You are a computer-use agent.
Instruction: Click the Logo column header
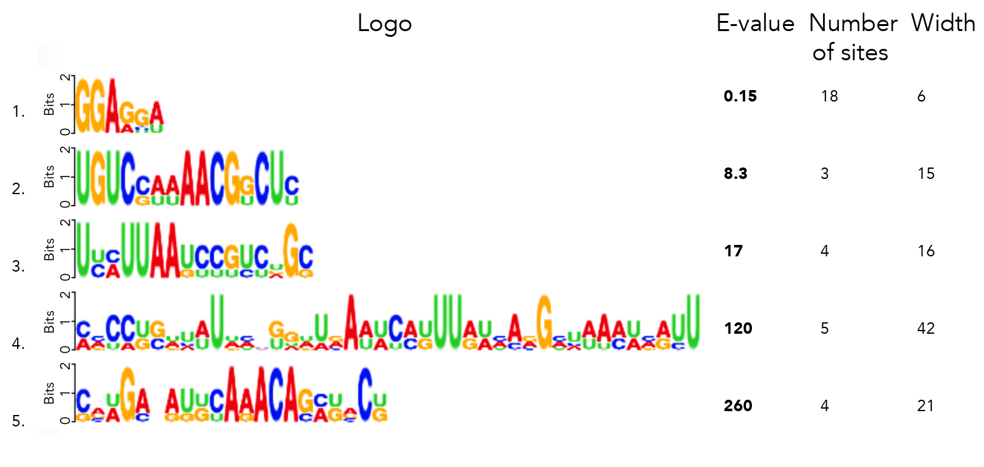pyautogui.click(x=384, y=24)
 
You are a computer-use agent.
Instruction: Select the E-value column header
pyautogui.click(x=755, y=24)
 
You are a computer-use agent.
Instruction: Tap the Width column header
pyautogui.click(x=943, y=24)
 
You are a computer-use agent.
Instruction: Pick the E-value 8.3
pyautogui.click(x=735, y=174)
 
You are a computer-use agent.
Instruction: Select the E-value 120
pyautogui.click(x=738, y=329)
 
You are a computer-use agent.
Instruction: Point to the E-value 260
pyautogui.click(x=738, y=406)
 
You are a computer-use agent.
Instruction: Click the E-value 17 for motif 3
pyautogui.click(x=733, y=251)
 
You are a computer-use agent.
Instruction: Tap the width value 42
pyautogui.click(x=926, y=329)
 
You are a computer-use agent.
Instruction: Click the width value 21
pyautogui.click(x=926, y=406)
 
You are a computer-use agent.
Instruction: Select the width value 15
pyautogui.click(x=926, y=174)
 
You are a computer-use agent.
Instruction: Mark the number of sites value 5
pyautogui.click(x=825, y=329)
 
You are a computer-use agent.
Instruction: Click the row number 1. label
pyautogui.click(x=18, y=113)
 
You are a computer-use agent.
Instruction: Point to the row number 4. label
pyautogui.click(x=18, y=345)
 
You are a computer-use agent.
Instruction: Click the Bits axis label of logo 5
pyautogui.click(x=49, y=393)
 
